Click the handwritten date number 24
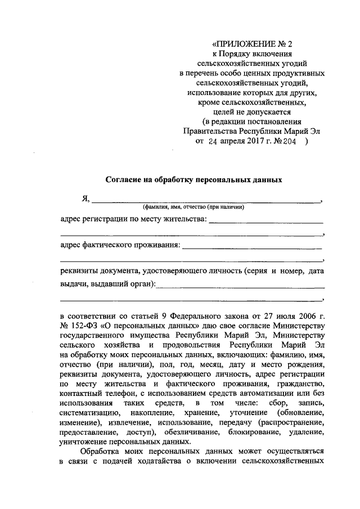[x=212, y=142]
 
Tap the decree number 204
[x=292, y=142]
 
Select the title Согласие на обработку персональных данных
[x=193, y=180]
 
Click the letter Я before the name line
[x=84, y=197]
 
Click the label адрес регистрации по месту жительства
[x=133, y=218]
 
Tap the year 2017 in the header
[x=256, y=142]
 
